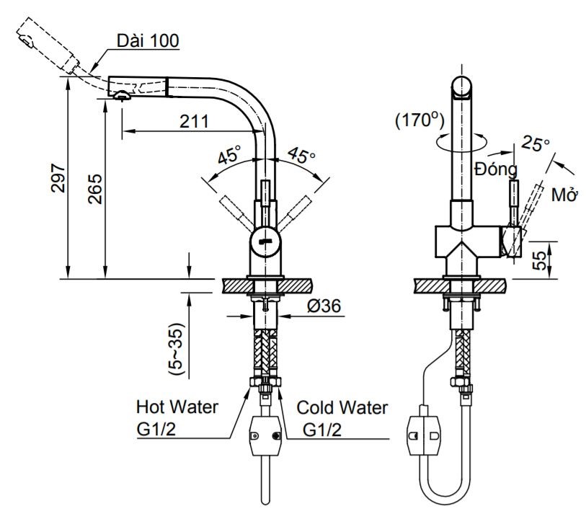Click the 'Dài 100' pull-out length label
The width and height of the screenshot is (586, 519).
[x=148, y=40]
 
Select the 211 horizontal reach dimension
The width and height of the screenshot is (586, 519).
[x=194, y=121]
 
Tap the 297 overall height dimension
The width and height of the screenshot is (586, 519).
[x=58, y=177]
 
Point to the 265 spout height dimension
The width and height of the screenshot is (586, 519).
[x=95, y=188]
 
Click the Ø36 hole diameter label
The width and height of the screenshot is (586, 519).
[x=324, y=306]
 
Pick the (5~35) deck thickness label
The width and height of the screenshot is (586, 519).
[x=177, y=349]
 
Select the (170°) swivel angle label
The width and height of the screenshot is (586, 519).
[x=419, y=120]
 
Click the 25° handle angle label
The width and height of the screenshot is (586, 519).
[x=536, y=143]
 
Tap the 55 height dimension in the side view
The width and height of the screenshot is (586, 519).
[x=538, y=260]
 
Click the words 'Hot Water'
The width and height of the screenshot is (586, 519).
[x=177, y=407]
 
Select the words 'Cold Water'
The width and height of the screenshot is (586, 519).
[x=342, y=407]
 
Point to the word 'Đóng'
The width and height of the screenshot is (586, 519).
[x=497, y=169]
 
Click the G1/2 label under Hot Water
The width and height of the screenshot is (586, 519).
[x=156, y=430]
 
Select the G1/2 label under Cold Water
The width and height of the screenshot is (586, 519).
[x=321, y=430]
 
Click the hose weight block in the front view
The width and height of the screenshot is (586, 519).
[x=265, y=436]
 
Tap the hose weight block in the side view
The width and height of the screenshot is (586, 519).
[x=423, y=435]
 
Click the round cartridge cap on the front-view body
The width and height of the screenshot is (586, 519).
[x=265, y=241]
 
